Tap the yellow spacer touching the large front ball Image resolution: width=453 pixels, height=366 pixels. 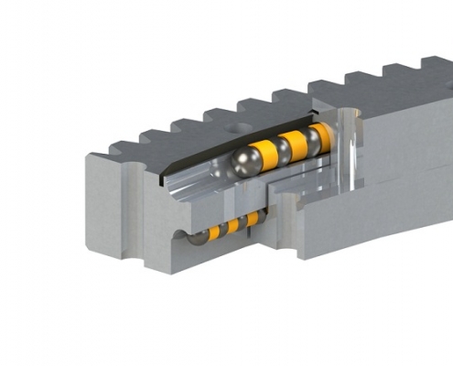point(267,153)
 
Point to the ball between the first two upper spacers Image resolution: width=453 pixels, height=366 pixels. point(280,149)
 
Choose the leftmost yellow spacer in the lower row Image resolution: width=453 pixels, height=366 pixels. point(214,232)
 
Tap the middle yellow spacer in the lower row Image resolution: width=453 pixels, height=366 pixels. point(234,225)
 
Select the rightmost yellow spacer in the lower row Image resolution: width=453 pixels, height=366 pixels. point(252,219)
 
